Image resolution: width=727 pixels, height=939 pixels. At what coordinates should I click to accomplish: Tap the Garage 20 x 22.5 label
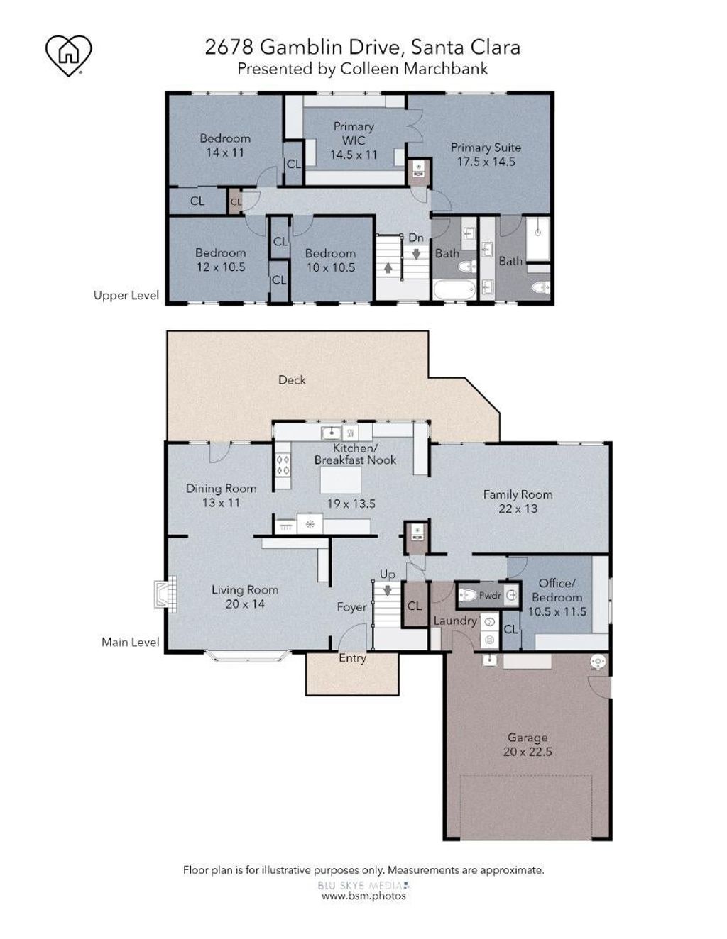click(528, 745)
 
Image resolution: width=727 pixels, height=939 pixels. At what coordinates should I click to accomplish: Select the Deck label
click(292, 380)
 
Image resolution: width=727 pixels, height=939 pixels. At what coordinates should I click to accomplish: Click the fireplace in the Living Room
click(165, 594)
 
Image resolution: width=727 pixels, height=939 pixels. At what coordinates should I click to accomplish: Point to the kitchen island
click(340, 479)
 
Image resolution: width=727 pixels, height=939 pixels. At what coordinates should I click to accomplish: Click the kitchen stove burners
click(283, 465)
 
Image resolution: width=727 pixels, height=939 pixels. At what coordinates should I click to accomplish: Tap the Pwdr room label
click(490, 596)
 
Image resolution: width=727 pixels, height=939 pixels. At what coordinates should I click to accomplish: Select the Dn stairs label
click(415, 238)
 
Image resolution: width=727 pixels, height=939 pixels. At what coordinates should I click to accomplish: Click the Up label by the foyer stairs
click(387, 574)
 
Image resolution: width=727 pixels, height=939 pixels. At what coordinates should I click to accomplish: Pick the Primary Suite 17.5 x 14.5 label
click(486, 155)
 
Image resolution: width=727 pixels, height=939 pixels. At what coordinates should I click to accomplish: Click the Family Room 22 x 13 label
click(518, 501)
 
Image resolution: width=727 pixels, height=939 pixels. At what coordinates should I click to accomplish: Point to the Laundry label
click(455, 621)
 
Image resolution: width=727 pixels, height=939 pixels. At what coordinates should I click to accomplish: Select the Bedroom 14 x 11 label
click(225, 145)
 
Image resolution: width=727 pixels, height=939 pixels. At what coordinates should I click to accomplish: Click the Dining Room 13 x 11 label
click(221, 495)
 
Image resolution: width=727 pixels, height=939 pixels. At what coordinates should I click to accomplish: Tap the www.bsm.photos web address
click(363, 895)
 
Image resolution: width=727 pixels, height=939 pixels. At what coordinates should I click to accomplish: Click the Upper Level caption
click(126, 296)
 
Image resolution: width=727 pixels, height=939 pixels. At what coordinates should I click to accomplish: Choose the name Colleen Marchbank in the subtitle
click(414, 69)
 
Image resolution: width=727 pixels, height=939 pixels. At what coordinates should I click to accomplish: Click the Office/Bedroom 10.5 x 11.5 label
click(557, 597)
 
